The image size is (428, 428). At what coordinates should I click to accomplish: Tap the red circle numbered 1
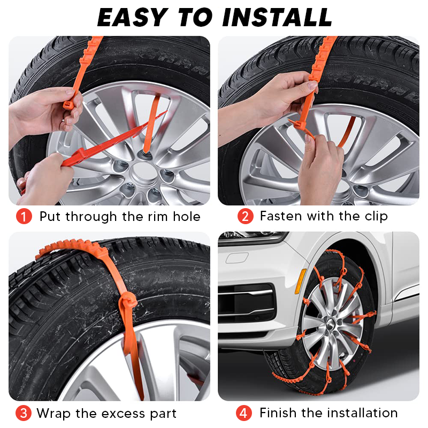[24, 217]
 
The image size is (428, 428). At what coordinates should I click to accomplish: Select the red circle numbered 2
[244, 217]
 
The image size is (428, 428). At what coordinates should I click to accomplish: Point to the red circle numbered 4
[244, 414]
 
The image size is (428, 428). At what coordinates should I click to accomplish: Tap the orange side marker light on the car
[301, 281]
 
